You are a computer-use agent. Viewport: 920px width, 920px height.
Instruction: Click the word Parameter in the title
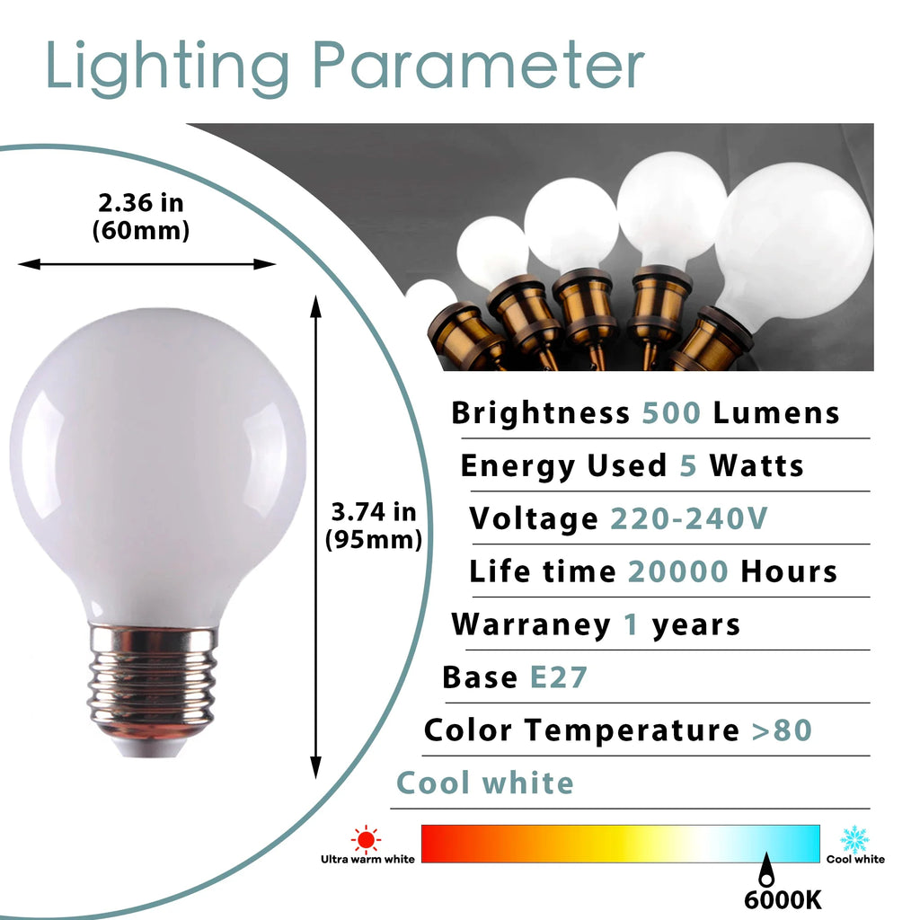pyautogui.click(x=478, y=66)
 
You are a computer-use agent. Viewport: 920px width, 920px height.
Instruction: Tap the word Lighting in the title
pyautogui.click(x=167, y=68)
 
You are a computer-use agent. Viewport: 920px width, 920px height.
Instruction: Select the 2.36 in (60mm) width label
pyautogui.click(x=141, y=217)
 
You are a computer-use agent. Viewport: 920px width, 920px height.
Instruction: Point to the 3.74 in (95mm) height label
pyautogui.click(x=374, y=526)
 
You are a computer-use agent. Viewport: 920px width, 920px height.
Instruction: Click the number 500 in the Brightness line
pyautogui.click(x=671, y=413)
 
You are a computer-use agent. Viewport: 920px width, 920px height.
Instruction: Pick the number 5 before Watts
pyautogui.click(x=688, y=466)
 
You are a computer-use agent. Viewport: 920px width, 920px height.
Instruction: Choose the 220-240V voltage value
pyautogui.click(x=689, y=518)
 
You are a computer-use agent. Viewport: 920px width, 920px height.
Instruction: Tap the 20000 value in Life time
pyautogui.click(x=678, y=571)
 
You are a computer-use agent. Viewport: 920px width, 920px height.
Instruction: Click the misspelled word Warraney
pyautogui.click(x=531, y=625)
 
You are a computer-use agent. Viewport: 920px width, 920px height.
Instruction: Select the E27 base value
pyautogui.click(x=558, y=677)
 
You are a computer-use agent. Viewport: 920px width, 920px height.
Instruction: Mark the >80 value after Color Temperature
pyautogui.click(x=783, y=730)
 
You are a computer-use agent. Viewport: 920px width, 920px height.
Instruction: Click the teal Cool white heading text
pyautogui.click(x=485, y=783)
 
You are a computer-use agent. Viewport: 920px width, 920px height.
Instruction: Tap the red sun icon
pyautogui.click(x=367, y=839)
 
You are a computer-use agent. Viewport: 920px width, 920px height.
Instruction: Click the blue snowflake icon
pyautogui.click(x=855, y=840)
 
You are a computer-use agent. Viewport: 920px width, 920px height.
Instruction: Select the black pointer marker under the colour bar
pyautogui.click(x=766, y=870)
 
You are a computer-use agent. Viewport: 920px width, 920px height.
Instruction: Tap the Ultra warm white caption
pyautogui.click(x=367, y=860)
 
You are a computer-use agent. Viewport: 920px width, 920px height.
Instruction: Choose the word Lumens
pyautogui.click(x=776, y=413)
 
